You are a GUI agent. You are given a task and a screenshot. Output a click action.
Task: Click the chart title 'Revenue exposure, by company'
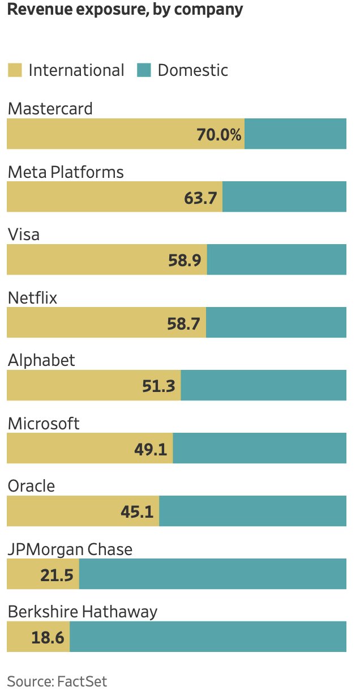point(125,10)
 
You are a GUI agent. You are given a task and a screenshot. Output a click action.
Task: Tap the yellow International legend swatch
point(15,70)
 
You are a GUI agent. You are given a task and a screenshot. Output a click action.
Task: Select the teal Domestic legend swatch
point(144,70)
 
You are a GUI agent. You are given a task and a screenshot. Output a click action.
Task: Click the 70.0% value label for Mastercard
point(218,135)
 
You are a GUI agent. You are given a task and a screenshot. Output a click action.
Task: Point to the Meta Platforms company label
point(66,172)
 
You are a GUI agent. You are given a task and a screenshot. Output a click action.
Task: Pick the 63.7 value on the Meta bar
point(201,198)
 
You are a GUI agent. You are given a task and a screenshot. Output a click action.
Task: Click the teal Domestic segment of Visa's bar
point(276,259)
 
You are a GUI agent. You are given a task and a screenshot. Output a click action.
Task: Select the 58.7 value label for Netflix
point(185,323)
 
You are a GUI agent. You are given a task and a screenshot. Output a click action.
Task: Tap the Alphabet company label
point(41,360)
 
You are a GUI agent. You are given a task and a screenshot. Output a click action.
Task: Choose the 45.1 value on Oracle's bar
point(137,512)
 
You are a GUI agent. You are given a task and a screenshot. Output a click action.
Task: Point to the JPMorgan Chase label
point(70,549)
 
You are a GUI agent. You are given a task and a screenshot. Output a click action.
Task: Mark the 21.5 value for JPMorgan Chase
point(57,575)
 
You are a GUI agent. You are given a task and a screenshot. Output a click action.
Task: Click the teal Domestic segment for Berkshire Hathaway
point(207,637)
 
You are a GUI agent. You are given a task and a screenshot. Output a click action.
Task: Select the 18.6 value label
point(48,638)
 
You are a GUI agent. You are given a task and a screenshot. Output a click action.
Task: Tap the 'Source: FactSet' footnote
point(57,681)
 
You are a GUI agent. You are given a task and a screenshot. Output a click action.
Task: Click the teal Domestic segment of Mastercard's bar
point(295,134)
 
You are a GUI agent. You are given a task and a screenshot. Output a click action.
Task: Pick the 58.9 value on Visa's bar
point(185,261)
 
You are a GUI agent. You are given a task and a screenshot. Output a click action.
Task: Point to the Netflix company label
point(32,297)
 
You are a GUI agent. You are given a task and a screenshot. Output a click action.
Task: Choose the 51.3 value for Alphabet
point(158,386)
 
